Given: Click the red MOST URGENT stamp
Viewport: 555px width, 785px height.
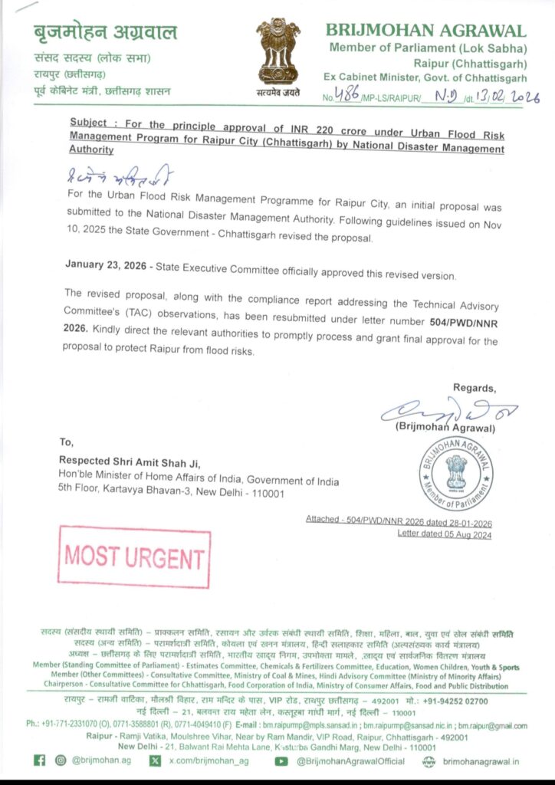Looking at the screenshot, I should click(x=133, y=557).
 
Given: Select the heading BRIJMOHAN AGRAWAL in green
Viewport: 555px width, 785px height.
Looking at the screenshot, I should click(x=426, y=31).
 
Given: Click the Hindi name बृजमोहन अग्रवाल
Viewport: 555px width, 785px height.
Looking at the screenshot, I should click(x=104, y=32).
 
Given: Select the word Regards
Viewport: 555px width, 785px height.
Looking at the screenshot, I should click(x=474, y=387).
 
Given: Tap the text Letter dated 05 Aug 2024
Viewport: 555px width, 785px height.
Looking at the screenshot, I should click(x=444, y=534).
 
